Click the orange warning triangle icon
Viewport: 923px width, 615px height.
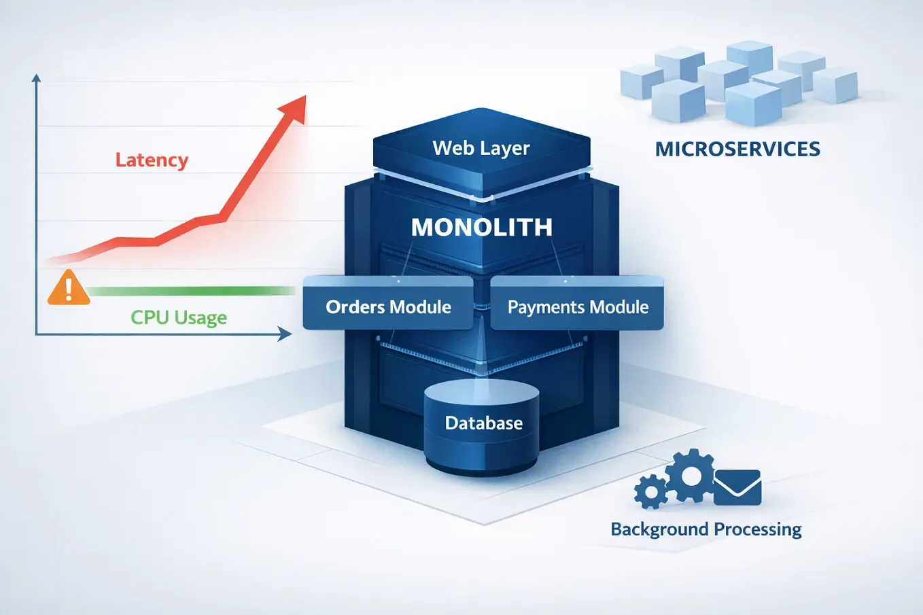pyautogui.click(x=69, y=288)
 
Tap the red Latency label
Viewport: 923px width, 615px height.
pyautogui.click(x=152, y=160)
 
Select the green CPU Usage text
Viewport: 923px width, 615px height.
pyautogui.click(x=179, y=317)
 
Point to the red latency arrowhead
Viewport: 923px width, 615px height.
pyautogui.click(x=294, y=109)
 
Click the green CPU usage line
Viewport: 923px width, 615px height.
pyautogui.click(x=192, y=292)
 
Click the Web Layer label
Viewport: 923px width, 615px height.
pyautogui.click(x=481, y=148)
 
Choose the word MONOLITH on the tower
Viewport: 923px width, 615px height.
pyautogui.click(x=482, y=227)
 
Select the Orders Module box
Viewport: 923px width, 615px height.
pyautogui.click(x=387, y=303)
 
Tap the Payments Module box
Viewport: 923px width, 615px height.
pyautogui.click(x=577, y=303)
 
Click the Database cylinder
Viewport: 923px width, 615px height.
pyautogui.click(x=482, y=427)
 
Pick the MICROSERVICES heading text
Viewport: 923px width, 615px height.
pyautogui.click(x=737, y=149)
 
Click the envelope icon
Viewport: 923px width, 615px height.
pyautogui.click(x=737, y=487)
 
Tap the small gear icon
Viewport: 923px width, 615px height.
pyautogui.click(x=651, y=492)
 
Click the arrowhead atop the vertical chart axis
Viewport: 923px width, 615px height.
pyautogui.click(x=36, y=78)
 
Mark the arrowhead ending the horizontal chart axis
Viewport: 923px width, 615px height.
pyautogui.click(x=285, y=334)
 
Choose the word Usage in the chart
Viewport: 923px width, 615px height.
pyautogui.click(x=201, y=318)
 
